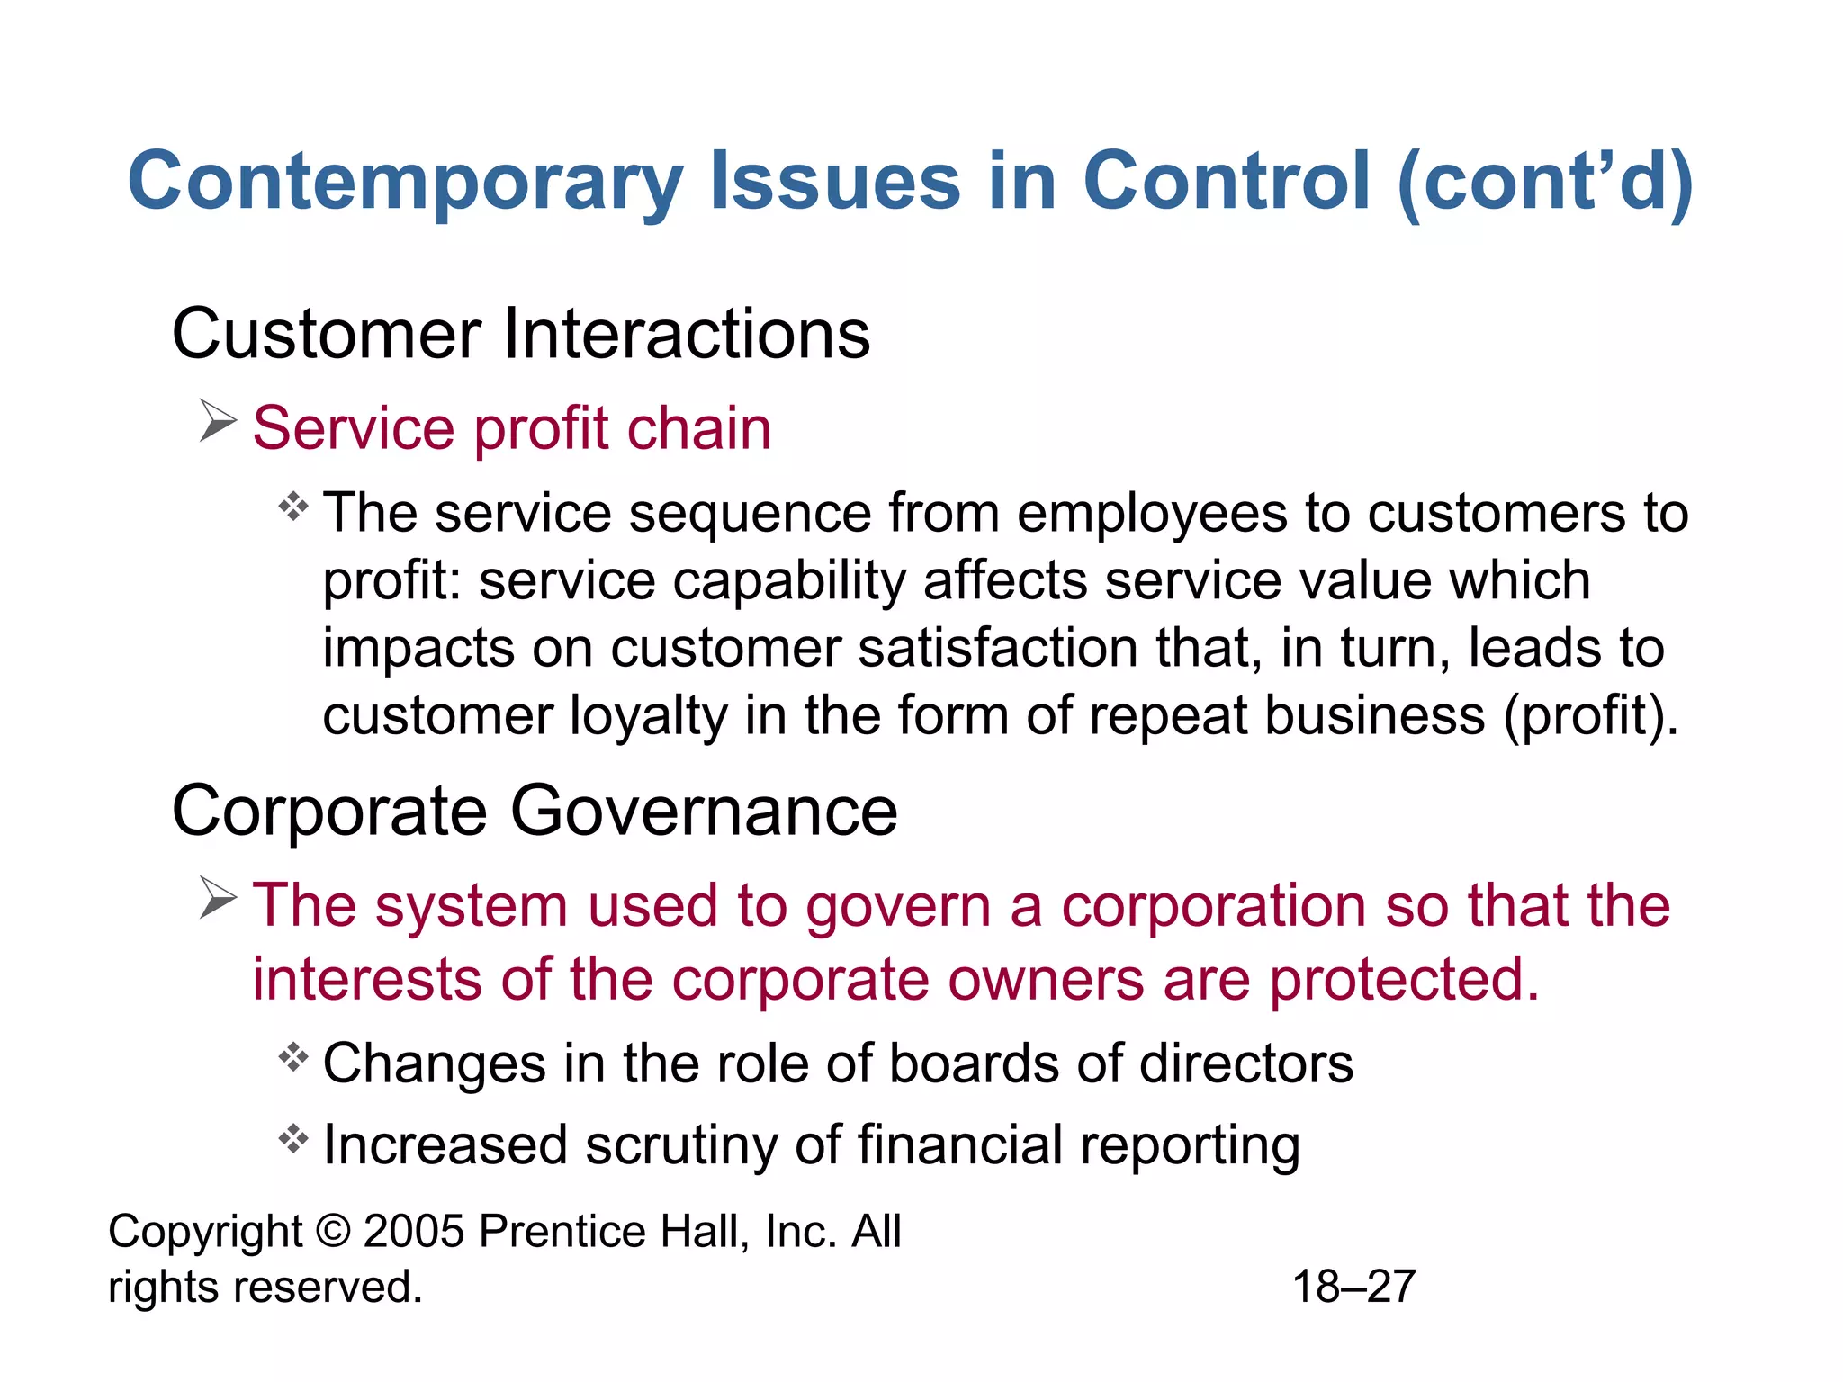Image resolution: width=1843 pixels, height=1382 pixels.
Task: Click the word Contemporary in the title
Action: (406, 183)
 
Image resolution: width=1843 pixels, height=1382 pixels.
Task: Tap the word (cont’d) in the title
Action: (1545, 183)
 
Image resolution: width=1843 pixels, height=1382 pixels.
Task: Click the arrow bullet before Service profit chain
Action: (217, 422)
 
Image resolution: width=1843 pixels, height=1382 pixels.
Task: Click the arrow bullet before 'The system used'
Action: (217, 899)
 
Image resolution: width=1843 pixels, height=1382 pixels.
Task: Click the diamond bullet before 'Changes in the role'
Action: (293, 1057)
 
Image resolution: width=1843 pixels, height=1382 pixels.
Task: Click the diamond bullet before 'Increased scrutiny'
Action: (293, 1140)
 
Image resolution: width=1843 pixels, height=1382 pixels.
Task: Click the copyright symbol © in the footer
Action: (333, 1231)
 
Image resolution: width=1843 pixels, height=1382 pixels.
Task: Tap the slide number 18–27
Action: (1353, 1287)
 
